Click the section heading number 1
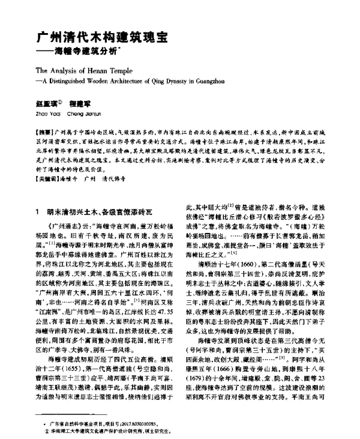pos(38,211)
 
